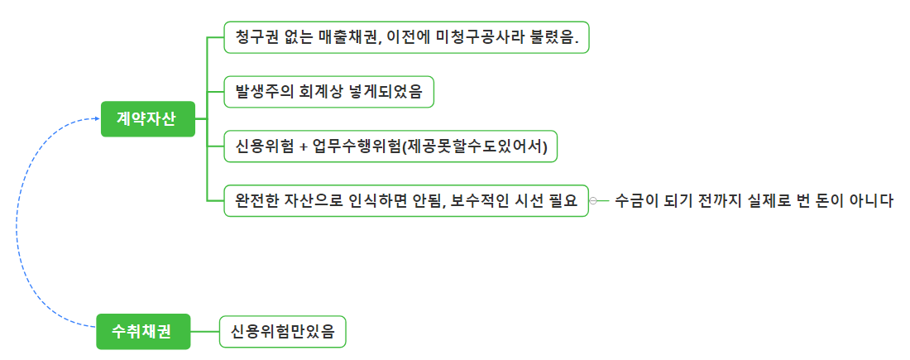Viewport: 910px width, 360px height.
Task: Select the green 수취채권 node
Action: [143, 332]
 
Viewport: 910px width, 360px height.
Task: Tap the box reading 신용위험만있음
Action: [282, 332]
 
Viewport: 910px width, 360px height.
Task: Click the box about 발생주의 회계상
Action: [328, 91]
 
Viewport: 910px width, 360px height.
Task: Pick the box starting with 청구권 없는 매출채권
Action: [406, 37]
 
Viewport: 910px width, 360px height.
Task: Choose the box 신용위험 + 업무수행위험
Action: [390, 146]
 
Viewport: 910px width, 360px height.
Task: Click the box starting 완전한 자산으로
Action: [406, 200]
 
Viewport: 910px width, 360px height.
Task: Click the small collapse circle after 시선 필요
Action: [593, 200]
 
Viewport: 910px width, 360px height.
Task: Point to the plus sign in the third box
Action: [304, 146]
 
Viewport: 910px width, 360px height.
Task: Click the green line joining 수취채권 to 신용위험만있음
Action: [205, 332]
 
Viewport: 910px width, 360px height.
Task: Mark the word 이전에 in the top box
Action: [410, 37]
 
